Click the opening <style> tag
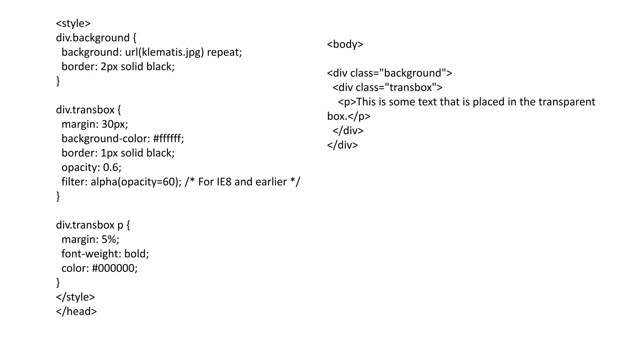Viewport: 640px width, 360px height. [x=73, y=23]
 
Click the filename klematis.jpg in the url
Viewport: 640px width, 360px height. [x=171, y=52]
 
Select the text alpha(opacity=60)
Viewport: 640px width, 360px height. [x=134, y=182]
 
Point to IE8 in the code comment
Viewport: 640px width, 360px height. [x=224, y=182]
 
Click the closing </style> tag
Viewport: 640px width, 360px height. [x=75, y=297]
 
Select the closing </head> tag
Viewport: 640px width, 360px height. [x=77, y=311]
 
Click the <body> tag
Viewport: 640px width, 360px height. [x=345, y=44]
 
